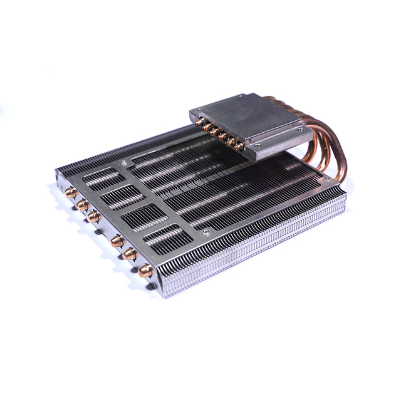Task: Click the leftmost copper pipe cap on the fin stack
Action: (x=71, y=192)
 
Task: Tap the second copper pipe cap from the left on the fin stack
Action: (x=82, y=205)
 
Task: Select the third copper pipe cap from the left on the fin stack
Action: (x=93, y=217)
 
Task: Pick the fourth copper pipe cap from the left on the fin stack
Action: (x=117, y=241)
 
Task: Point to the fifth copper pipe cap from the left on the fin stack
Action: (x=130, y=254)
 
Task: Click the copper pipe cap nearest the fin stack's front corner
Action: (x=145, y=270)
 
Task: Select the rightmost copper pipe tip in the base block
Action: (x=239, y=147)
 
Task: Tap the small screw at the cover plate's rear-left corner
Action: (x=123, y=162)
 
